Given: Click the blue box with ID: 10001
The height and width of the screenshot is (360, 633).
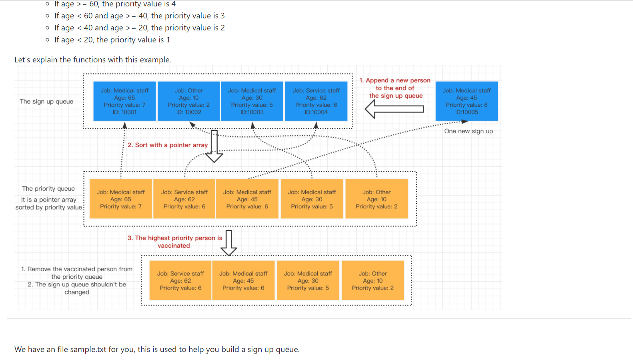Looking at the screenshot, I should (124, 101).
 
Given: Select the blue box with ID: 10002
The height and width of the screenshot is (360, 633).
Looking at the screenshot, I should (188, 101).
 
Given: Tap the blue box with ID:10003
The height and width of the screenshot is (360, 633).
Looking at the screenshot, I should (252, 101).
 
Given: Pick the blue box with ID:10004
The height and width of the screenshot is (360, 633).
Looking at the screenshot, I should (316, 101).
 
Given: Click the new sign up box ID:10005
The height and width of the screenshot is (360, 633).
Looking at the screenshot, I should (467, 101).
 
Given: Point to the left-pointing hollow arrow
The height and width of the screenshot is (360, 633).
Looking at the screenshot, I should (394, 109).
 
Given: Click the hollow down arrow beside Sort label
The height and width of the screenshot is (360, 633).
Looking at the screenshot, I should (214, 146).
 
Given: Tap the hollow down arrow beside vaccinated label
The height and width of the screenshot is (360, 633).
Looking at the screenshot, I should (229, 242).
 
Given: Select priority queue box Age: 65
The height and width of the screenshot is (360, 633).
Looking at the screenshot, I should (120, 199).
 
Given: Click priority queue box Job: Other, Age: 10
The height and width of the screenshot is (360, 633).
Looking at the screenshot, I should (377, 199).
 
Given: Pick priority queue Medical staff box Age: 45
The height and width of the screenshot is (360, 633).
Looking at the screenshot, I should (247, 199).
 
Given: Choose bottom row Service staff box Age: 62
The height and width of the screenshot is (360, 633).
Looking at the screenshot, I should (180, 280).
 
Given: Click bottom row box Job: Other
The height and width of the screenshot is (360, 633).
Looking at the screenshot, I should (373, 280).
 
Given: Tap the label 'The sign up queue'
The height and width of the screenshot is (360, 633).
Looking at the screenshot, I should (46, 102).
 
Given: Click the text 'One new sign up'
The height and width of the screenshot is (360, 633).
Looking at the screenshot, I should (468, 131).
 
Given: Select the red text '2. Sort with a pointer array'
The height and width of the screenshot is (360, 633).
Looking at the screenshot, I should (168, 145).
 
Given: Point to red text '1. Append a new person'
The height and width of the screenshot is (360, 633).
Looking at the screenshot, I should (395, 80).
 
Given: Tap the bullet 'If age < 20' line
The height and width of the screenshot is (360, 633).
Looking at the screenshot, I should (112, 40).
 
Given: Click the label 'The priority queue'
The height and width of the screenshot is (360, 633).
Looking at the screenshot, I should (48, 189).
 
